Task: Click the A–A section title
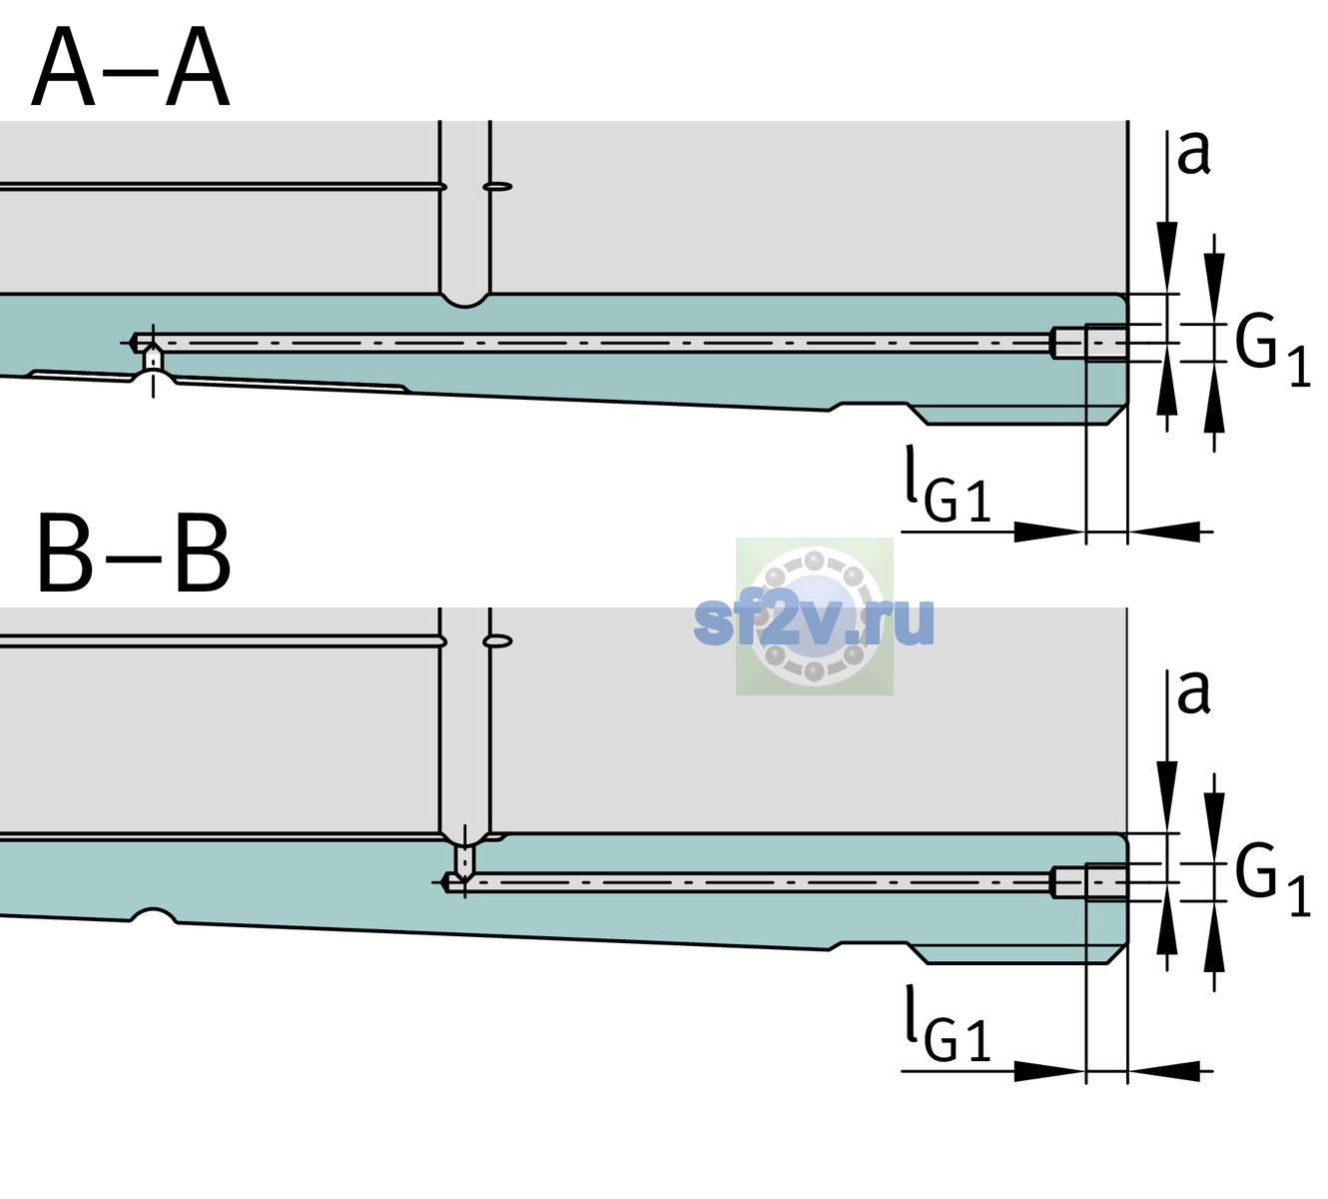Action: coord(130,67)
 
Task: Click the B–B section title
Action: coord(134,553)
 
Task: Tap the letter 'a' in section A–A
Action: coord(1193,153)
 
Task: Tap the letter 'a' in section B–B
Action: coord(1193,692)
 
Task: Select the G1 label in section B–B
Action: coord(1272,880)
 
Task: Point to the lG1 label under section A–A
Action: coord(948,484)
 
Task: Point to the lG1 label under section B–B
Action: coord(948,1023)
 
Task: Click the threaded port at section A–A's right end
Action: coord(1089,343)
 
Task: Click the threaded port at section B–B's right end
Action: coord(1089,882)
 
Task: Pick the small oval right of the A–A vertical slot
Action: coord(497,187)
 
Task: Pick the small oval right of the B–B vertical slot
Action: coord(497,641)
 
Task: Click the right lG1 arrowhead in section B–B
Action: coord(1164,1071)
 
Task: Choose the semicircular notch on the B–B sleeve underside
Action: coord(153,916)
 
